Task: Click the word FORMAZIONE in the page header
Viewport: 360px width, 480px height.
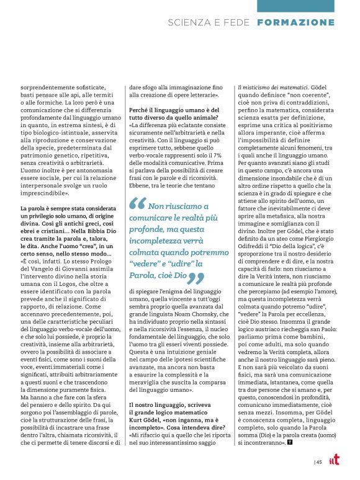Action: (304, 23)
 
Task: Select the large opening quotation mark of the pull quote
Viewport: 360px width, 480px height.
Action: (138, 186)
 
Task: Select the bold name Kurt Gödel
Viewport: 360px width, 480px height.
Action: (147, 404)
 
